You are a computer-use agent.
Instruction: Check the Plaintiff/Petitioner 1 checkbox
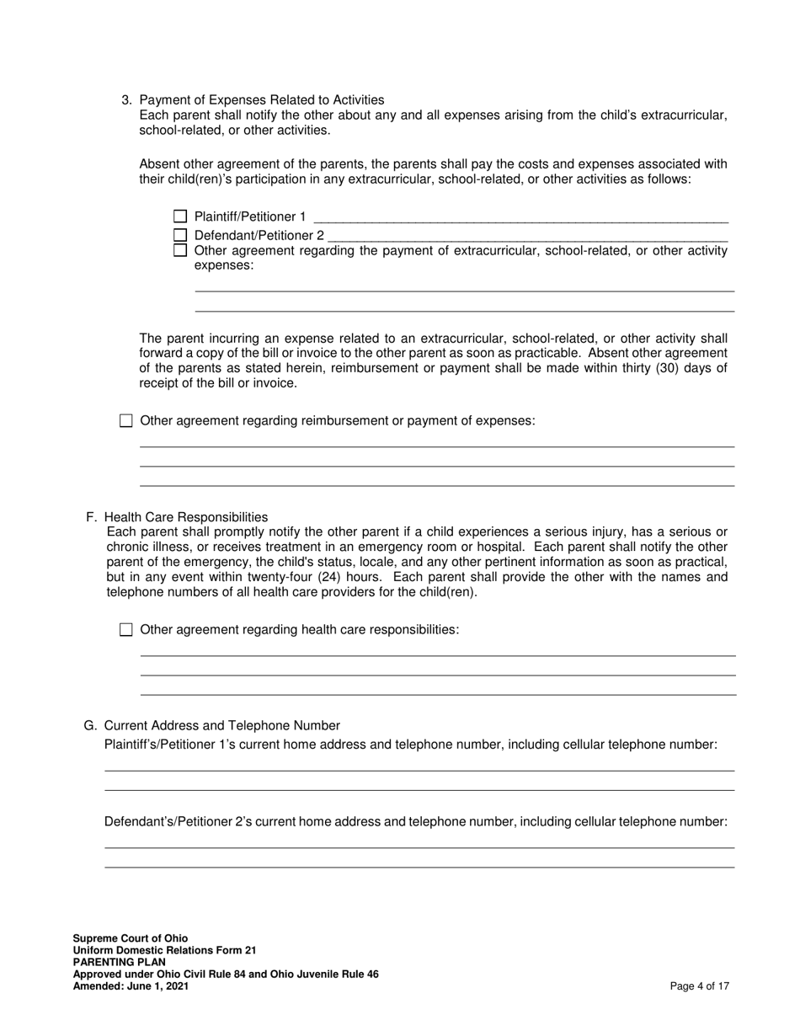[x=179, y=216]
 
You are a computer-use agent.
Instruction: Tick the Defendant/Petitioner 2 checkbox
[x=179, y=236]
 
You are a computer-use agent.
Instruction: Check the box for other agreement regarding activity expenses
[x=179, y=250]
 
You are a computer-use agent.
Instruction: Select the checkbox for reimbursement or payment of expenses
[x=126, y=420]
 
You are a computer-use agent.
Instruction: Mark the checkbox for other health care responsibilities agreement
[x=126, y=629]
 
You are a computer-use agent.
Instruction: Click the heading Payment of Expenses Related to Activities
[x=261, y=99]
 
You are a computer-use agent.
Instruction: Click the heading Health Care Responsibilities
[x=186, y=517]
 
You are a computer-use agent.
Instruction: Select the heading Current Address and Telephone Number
[x=222, y=725]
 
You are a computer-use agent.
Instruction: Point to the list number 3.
[x=126, y=99]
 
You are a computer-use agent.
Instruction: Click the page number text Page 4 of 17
[x=699, y=986]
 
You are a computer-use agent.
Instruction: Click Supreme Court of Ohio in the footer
[x=131, y=938]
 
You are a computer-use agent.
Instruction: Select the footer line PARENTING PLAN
[x=119, y=962]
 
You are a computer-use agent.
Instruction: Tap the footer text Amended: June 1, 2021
[x=131, y=986]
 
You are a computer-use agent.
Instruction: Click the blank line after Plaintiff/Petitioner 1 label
[x=520, y=217]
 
